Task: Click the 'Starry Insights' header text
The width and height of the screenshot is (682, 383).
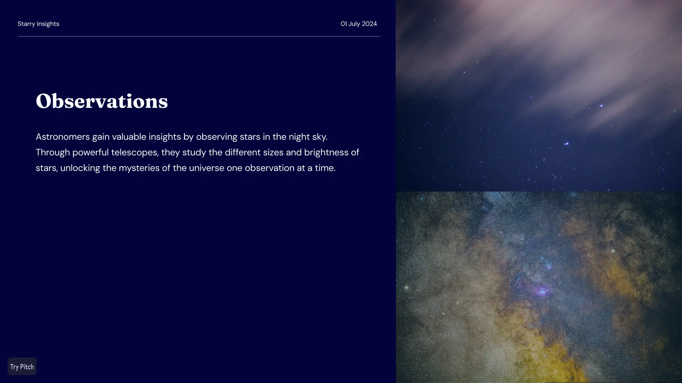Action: (x=38, y=24)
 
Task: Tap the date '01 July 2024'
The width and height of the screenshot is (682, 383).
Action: (x=359, y=24)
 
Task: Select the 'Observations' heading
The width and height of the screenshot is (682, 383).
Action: (x=102, y=101)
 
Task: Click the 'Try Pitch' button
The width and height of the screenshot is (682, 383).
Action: (x=22, y=366)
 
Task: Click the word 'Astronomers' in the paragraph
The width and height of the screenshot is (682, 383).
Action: (x=63, y=137)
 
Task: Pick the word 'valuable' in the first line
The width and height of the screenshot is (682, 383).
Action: (x=129, y=137)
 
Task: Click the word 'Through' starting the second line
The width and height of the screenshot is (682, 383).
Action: (x=53, y=152)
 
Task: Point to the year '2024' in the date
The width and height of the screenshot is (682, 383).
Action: (x=369, y=24)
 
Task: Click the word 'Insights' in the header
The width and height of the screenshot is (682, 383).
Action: (x=48, y=24)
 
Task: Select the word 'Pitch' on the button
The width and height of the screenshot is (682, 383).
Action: (x=27, y=367)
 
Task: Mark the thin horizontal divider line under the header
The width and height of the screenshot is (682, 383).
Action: (x=199, y=36)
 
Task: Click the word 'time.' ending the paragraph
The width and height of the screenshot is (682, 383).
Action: (x=325, y=168)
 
